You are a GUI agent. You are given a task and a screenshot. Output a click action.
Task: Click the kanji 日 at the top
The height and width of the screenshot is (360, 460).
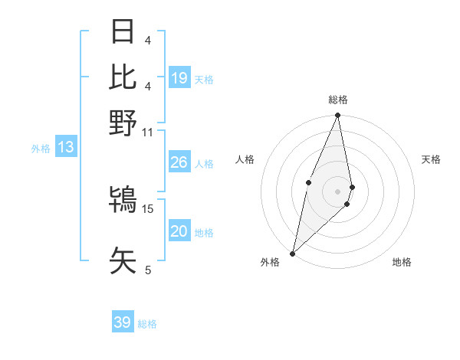click(123, 32)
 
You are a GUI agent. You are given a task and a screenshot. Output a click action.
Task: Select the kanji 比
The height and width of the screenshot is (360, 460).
click(123, 77)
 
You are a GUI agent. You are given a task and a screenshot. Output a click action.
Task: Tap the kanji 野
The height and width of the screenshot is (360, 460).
click(123, 122)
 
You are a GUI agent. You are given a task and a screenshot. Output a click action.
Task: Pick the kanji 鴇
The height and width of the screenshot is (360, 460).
click(123, 201)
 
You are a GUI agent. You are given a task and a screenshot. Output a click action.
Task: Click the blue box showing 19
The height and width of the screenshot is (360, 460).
click(179, 78)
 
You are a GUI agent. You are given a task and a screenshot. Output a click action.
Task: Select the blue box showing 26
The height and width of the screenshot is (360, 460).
click(179, 162)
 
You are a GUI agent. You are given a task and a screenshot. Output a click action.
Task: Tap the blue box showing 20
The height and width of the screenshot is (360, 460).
click(179, 232)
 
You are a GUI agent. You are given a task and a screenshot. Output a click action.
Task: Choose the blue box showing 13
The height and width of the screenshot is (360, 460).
click(65, 147)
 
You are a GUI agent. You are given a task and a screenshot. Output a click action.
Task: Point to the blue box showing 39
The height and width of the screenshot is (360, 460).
click(123, 322)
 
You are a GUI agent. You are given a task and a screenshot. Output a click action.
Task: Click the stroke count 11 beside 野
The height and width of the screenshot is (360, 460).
click(148, 132)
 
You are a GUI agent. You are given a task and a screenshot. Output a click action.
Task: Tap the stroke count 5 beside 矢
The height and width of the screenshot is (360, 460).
click(148, 270)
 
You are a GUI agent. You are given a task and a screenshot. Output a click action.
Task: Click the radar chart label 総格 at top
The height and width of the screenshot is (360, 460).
click(338, 100)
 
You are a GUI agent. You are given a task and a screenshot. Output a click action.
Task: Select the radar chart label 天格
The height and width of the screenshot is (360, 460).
click(432, 159)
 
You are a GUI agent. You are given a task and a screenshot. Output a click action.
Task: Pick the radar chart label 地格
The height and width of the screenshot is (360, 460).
click(402, 262)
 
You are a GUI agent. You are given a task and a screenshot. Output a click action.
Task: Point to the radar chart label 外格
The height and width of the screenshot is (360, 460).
click(270, 262)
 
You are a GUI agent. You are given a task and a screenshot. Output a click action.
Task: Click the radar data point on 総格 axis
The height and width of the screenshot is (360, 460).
click(338, 116)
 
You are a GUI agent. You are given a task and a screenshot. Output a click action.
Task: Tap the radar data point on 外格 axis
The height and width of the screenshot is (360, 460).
click(293, 253)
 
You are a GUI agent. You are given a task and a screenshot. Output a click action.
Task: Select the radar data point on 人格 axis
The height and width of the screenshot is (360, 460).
click(308, 182)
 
